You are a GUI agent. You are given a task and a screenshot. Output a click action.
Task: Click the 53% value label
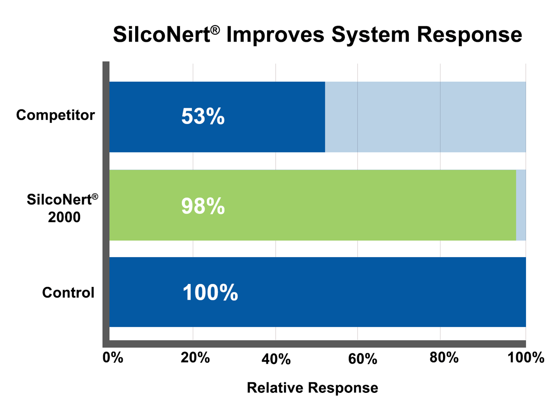(203, 116)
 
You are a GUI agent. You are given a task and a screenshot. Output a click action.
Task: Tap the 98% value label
(203, 206)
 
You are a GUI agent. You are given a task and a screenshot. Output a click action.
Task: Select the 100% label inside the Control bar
(210, 293)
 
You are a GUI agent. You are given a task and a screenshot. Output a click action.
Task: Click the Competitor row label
(55, 115)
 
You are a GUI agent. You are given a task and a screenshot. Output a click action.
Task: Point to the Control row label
(68, 293)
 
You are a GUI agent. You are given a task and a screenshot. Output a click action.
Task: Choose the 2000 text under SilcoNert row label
(64, 218)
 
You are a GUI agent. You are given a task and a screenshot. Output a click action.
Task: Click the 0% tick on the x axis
(113, 358)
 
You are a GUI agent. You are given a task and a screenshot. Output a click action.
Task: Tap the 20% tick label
(195, 358)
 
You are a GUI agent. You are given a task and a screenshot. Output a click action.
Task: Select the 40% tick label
(276, 359)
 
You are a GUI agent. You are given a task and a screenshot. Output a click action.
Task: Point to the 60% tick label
(362, 359)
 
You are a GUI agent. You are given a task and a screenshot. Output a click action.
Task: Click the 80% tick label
(444, 358)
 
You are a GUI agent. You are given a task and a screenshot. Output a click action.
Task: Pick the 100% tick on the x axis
(526, 358)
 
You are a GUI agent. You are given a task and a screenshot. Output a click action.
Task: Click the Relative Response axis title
(312, 388)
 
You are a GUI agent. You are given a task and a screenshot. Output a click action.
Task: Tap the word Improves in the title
(275, 35)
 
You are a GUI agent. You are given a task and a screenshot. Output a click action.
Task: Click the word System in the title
(371, 35)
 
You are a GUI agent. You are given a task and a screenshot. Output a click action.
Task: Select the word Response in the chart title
(469, 35)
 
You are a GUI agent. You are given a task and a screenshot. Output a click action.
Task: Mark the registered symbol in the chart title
(215, 30)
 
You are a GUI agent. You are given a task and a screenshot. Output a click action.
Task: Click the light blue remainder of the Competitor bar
(425, 117)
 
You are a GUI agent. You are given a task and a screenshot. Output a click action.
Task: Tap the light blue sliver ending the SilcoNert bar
(521, 205)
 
